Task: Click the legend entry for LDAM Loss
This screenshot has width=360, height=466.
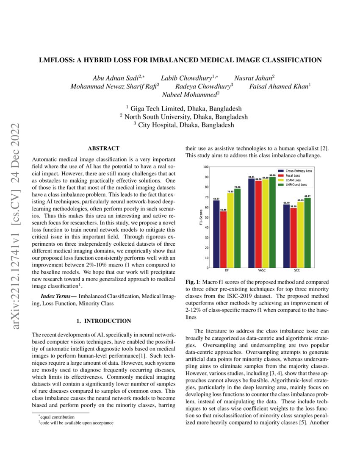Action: coord(296,180)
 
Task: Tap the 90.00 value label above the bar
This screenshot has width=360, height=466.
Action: coord(272,175)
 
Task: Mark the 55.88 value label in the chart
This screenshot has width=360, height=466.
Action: coord(223,209)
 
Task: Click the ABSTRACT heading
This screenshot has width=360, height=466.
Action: coord(103,148)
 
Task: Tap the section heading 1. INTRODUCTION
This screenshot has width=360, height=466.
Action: coord(103,321)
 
